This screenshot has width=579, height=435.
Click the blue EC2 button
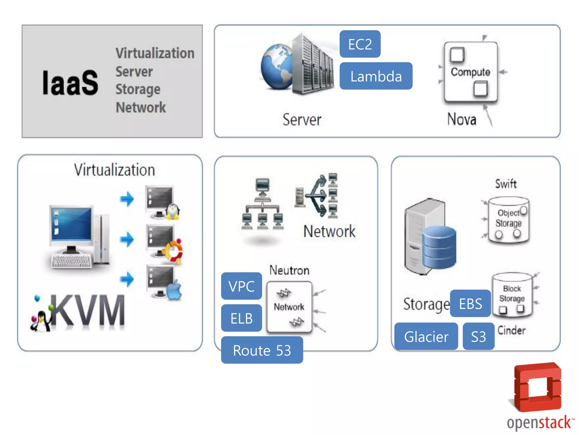tap(360, 44)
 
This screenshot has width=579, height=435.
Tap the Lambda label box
tap(376, 76)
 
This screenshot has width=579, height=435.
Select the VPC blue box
tap(241, 286)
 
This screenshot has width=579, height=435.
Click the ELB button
tap(241, 318)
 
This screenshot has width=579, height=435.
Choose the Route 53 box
tap(262, 350)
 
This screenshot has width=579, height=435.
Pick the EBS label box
tap(470, 304)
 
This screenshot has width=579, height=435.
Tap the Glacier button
tap(426, 336)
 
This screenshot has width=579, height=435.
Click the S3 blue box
tap(478, 336)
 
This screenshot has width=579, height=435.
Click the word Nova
tap(462, 119)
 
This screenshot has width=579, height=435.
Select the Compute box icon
tap(470, 72)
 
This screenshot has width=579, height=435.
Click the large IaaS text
tap(70, 83)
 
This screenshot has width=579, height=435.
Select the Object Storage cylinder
tap(509, 220)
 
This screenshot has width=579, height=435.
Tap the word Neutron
tap(289, 270)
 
